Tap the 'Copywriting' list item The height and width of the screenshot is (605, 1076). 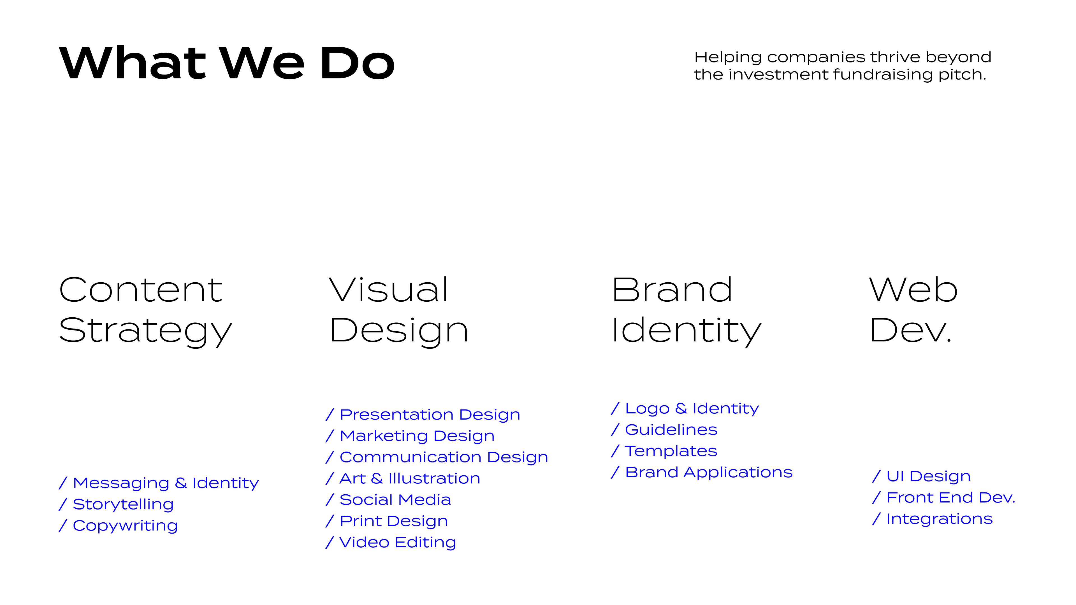point(125,526)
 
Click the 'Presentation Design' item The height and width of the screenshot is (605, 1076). point(430,415)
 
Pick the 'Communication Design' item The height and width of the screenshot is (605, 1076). point(444,457)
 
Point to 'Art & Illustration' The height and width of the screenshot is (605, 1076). point(410,478)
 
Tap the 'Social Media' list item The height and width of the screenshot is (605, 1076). point(395,500)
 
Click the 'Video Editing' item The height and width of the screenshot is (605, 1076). point(398,542)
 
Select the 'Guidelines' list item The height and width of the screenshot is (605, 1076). point(671,430)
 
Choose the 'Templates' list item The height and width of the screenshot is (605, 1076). point(671,451)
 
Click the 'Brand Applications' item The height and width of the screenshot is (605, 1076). point(708,472)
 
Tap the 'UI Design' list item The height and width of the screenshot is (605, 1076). point(928,476)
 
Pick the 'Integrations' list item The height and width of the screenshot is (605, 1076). point(939,519)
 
